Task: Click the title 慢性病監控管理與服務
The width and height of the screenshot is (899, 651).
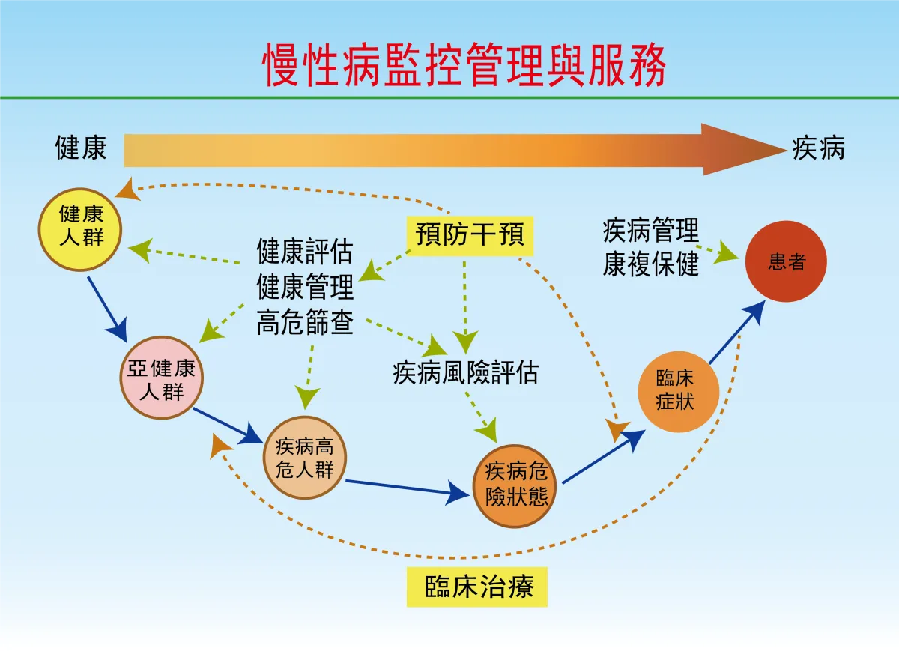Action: [x=464, y=65]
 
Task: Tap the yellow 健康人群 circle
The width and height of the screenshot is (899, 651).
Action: [x=82, y=228]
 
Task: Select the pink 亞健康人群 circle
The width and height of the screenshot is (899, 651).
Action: [x=162, y=378]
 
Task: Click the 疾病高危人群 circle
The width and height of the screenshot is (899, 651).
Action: [x=304, y=458]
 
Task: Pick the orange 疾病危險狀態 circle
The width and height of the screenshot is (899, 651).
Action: [x=517, y=485]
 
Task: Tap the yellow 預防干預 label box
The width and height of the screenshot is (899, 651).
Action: [x=470, y=235]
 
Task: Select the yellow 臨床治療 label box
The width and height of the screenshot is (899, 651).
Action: [x=477, y=586]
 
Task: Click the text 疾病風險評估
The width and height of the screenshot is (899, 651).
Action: [x=465, y=372]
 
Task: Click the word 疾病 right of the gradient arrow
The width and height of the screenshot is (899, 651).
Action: [x=818, y=148]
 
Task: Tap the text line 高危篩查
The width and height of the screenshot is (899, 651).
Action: [x=305, y=324]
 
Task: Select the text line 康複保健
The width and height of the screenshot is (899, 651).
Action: [x=650, y=264]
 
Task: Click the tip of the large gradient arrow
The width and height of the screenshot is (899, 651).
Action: [x=779, y=149]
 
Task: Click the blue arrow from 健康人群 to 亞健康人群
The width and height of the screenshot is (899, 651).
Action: [x=106, y=307]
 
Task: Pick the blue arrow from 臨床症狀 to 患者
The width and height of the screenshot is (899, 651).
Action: [x=737, y=332]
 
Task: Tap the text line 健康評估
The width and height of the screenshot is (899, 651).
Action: [x=305, y=252]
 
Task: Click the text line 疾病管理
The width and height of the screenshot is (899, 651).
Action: [x=650, y=231]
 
